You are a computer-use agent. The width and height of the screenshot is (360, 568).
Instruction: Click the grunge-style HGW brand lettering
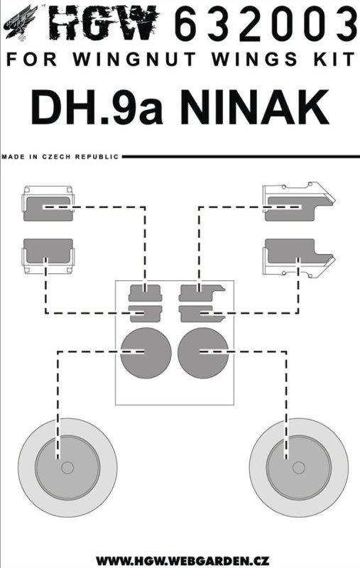(104, 24)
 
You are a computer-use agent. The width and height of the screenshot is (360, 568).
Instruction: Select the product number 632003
(266, 25)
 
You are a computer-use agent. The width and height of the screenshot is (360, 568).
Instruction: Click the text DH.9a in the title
(97, 107)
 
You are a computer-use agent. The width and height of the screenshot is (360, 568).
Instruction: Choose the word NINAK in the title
(255, 107)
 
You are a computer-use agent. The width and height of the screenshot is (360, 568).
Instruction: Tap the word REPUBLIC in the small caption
(97, 157)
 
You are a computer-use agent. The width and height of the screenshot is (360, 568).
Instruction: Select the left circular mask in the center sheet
(146, 353)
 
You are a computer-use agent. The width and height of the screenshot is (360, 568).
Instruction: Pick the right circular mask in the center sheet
(203, 353)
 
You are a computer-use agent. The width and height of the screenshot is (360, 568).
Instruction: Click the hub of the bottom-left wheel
(67, 468)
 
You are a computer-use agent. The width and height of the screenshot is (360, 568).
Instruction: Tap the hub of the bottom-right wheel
(298, 468)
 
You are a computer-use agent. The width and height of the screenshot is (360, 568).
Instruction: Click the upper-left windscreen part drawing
(48, 204)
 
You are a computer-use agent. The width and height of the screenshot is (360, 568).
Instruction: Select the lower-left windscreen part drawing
(48, 256)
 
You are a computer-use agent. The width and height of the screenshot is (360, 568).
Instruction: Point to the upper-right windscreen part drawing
(299, 202)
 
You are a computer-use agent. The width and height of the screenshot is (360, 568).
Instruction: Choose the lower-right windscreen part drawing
(299, 258)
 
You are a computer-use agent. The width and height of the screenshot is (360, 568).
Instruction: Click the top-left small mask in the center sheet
(146, 293)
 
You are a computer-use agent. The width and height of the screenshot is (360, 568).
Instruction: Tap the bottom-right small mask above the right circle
(202, 314)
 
